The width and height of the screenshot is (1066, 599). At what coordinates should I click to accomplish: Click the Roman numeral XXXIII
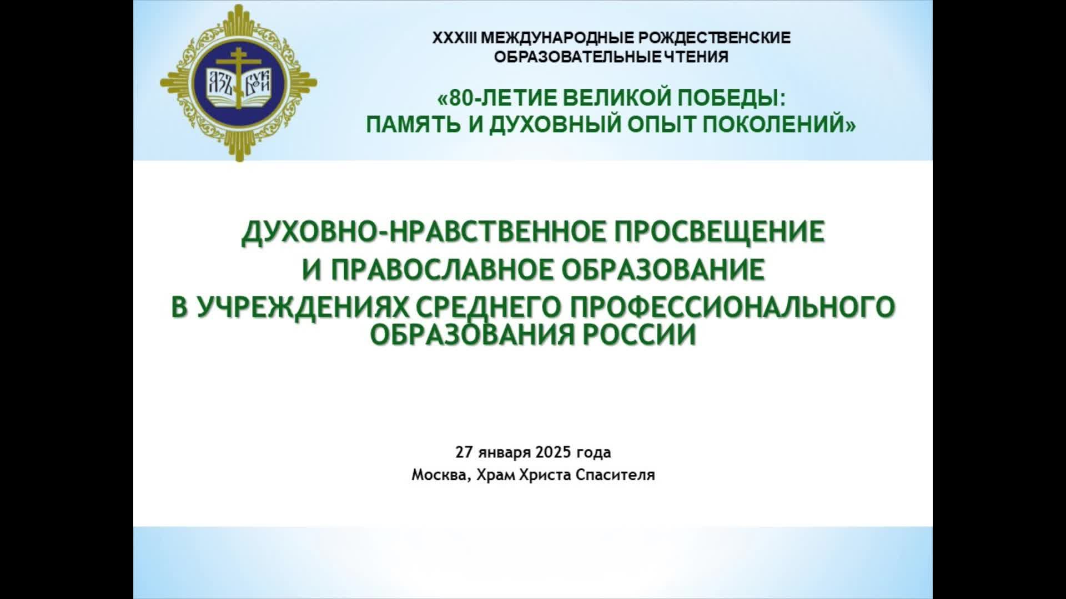[454, 38]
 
